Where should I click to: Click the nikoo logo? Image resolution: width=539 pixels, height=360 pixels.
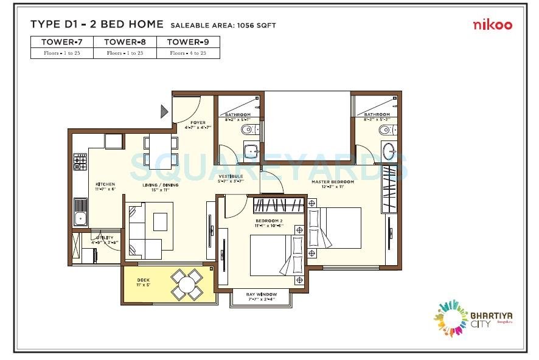(x=493, y=25)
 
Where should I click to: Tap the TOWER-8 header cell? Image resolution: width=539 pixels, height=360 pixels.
(x=125, y=42)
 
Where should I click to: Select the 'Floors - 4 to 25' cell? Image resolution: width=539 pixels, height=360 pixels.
(x=188, y=54)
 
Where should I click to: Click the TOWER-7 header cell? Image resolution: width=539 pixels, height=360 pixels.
(x=62, y=42)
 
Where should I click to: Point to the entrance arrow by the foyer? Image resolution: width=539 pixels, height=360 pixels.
(x=164, y=111)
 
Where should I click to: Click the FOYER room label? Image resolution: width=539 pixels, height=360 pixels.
(x=198, y=122)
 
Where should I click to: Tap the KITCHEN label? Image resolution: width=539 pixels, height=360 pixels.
(x=105, y=184)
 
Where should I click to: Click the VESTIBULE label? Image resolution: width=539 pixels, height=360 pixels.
(x=231, y=176)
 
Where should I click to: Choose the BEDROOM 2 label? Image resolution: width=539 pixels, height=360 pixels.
(x=269, y=220)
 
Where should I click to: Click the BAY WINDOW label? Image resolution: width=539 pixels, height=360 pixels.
(x=262, y=294)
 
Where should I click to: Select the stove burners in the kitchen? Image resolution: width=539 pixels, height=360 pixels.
(x=80, y=162)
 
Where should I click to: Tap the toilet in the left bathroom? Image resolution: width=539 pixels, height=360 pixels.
(x=246, y=130)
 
